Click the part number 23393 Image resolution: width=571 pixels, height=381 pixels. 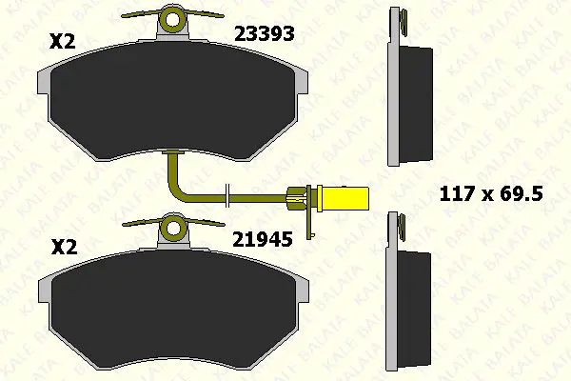[264, 34]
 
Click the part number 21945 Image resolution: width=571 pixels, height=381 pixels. [263, 239]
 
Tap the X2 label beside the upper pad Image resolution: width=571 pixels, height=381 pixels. [62, 41]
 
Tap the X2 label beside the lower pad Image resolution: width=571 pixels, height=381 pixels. [65, 247]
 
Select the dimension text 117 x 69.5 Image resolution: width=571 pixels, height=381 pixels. [491, 193]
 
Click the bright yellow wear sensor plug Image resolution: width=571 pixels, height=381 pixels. [343, 199]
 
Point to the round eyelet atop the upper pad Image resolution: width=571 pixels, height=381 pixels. [172, 19]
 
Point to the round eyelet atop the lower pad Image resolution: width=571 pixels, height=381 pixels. [173, 229]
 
